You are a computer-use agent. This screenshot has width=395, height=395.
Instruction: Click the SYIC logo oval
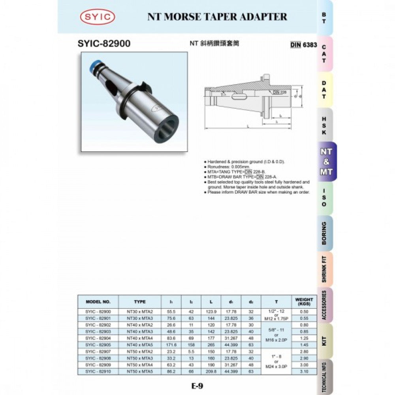point(98,17)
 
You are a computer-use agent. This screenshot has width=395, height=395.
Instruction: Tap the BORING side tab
point(324,233)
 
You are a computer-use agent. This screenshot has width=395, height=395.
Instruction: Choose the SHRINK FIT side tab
point(324,269)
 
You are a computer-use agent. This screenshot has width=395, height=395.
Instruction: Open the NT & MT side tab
point(326,162)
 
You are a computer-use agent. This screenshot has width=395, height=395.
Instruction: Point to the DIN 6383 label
point(304,45)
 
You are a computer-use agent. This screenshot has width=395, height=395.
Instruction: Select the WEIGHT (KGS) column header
point(304,301)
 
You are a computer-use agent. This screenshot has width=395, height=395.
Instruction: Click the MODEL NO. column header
point(98,302)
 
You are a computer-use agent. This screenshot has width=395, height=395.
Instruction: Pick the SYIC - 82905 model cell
point(98,345)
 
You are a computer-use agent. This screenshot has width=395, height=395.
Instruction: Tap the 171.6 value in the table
point(171,345)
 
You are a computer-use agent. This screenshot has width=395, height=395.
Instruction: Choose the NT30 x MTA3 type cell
point(139,318)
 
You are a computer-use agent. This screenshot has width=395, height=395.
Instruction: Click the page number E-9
point(197,386)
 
